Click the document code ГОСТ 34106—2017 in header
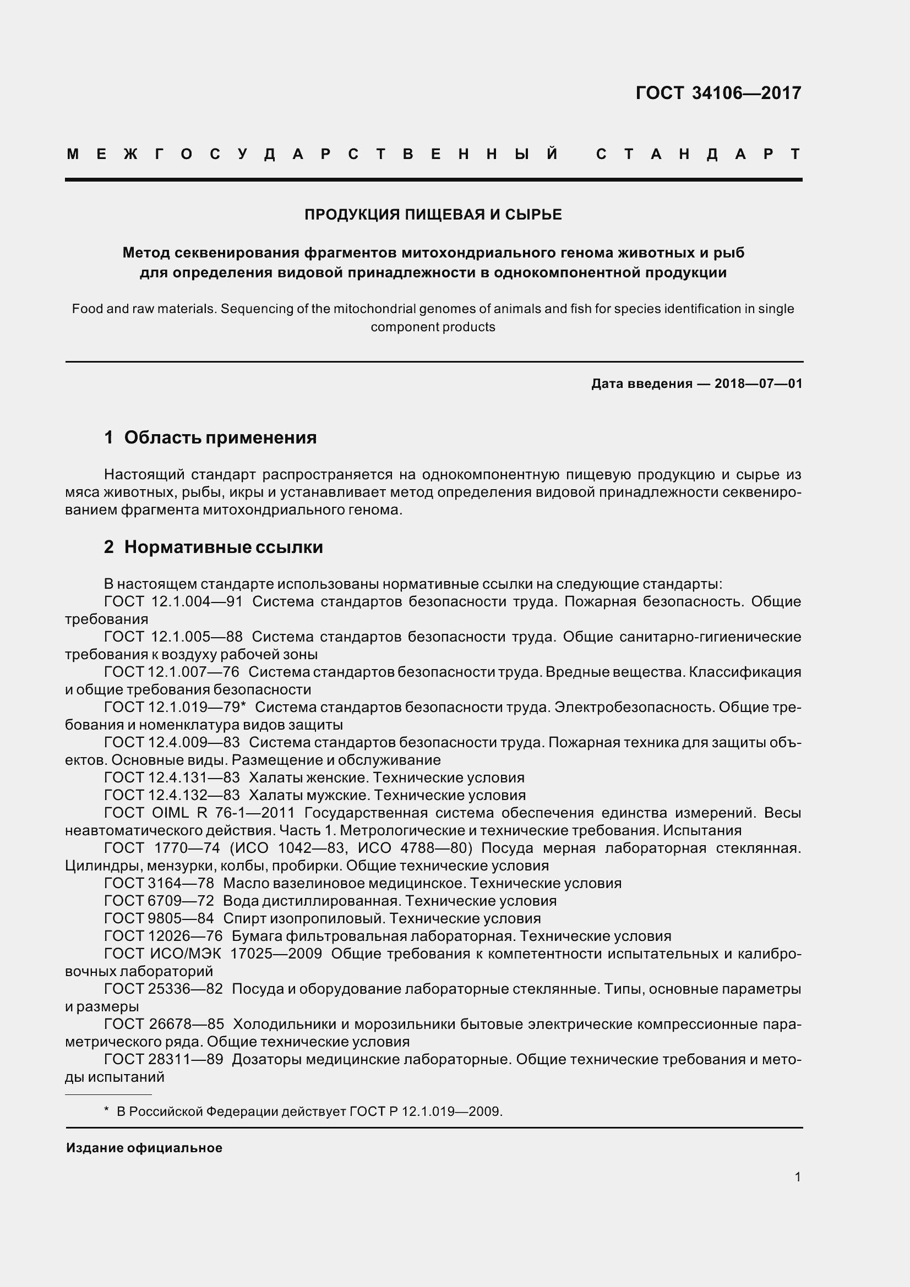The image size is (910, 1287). (x=718, y=93)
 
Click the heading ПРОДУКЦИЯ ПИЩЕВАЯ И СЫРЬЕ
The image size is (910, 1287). (x=433, y=215)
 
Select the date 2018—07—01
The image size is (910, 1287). (x=758, y=384)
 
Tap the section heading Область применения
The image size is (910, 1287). (x=220, y=437)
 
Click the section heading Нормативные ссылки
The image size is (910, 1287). (x=223, y=546)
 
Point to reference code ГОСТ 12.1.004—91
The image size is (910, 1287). (x=173, y=601)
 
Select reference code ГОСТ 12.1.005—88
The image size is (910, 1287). (x=173, y=637)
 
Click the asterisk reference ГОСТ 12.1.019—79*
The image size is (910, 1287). (x=175, y=707)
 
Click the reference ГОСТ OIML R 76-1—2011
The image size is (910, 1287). (x=199, y=813)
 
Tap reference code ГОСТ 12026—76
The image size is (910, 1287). (x=163, y=936)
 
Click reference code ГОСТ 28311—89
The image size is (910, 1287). (x=163, y=1059)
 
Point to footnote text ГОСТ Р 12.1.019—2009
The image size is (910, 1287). (x=426, y=1111)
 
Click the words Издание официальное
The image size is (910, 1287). (x=144, y=1147)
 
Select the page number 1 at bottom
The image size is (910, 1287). (x=797, y=1176)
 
